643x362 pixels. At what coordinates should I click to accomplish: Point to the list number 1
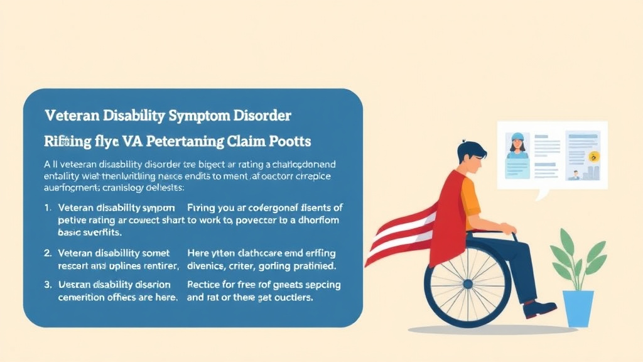click(x=48, y=207)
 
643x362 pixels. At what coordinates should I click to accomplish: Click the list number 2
click(x=48, y=253)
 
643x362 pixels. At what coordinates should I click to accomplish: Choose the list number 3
click(x=48, y=285)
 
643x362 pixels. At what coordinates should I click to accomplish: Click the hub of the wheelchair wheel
click(x=468, y=284)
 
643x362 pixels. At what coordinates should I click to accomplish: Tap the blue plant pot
click(x=578, y=309)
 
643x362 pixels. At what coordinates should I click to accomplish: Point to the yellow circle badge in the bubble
click(x=595, y=156)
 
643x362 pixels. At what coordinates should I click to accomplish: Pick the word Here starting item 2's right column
click(x=198, y=253)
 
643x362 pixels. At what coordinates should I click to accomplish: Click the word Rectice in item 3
click(x=205, y=285)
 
